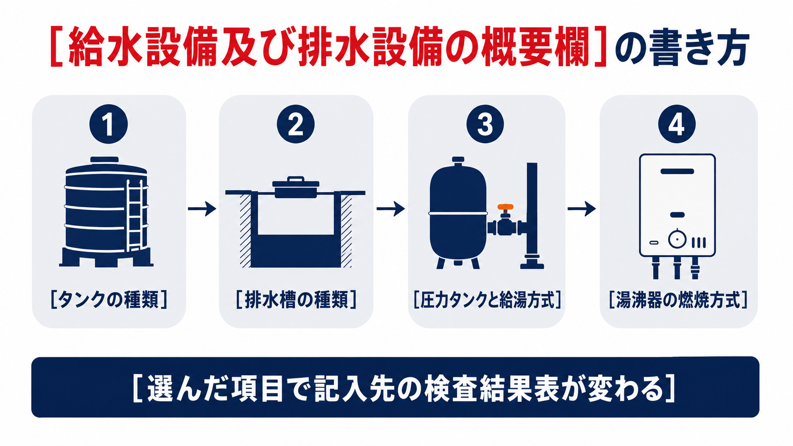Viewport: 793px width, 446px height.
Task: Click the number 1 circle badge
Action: click(x=108, y=124)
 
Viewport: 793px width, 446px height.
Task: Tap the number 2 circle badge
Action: click(x=295, y=124)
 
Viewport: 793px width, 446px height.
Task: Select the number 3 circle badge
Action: click(x=485, y=124)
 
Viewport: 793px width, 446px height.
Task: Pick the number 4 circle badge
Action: click(x=676, y=124)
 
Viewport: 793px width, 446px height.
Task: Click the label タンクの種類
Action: click(x=109, y=300)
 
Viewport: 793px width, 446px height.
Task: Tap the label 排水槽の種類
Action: click(x=296, y=300)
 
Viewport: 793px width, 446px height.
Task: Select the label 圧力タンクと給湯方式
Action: click(x=487, y=300)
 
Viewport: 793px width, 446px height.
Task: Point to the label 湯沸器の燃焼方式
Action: click(x=678, y=300)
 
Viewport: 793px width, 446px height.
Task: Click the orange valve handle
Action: click(x=505, y=207)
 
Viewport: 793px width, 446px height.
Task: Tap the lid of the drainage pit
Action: click(x=295, y=187)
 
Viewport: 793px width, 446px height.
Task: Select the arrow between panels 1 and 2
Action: click(x=202, y=209)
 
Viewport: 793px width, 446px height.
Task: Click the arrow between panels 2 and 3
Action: click(x=391, y=209)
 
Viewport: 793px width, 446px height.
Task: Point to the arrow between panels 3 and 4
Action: click(x=581, y=209)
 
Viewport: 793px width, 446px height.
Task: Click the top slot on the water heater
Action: click(x=677, y=171)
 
